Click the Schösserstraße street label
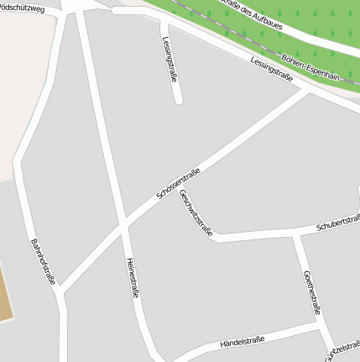pos(177,183)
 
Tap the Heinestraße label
pos(132,278)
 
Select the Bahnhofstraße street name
pos(42,262)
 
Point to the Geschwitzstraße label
pos(196,212)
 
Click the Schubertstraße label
pos(337,223)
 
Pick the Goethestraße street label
pos(312,291)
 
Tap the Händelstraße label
pos(242,341)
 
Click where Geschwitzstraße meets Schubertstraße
pos(217,238)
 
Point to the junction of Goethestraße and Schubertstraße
pos(295,234)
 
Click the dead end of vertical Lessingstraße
pos(179,100)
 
